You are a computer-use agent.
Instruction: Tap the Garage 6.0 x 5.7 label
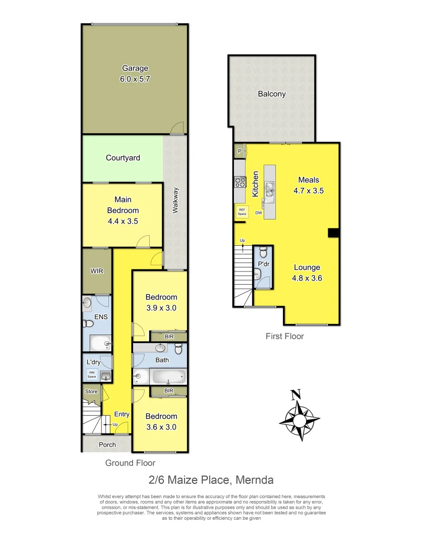[x=135, y=74]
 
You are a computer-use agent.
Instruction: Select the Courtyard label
[x=123, y=158]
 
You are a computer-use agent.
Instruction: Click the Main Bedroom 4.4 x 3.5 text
[x=123, y=210]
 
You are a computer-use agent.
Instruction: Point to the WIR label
[x=96, y=271]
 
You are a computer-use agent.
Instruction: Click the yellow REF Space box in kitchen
[x=242, y=212]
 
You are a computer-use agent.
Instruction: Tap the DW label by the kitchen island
[x=259, y=213]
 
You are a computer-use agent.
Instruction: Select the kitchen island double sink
[x=270, y=188]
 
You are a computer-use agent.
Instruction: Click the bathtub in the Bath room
[x=168, y=376]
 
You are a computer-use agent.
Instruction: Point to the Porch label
[x=107, y=445]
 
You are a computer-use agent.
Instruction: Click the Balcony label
[x=272, y=94]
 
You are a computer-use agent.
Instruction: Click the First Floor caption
[x=285, y=336]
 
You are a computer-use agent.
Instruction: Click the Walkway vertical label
[x=176, y=200]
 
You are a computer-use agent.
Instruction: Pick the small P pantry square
[x=239, y=150]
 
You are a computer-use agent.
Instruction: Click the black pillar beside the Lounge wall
[x=333, y=232]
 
